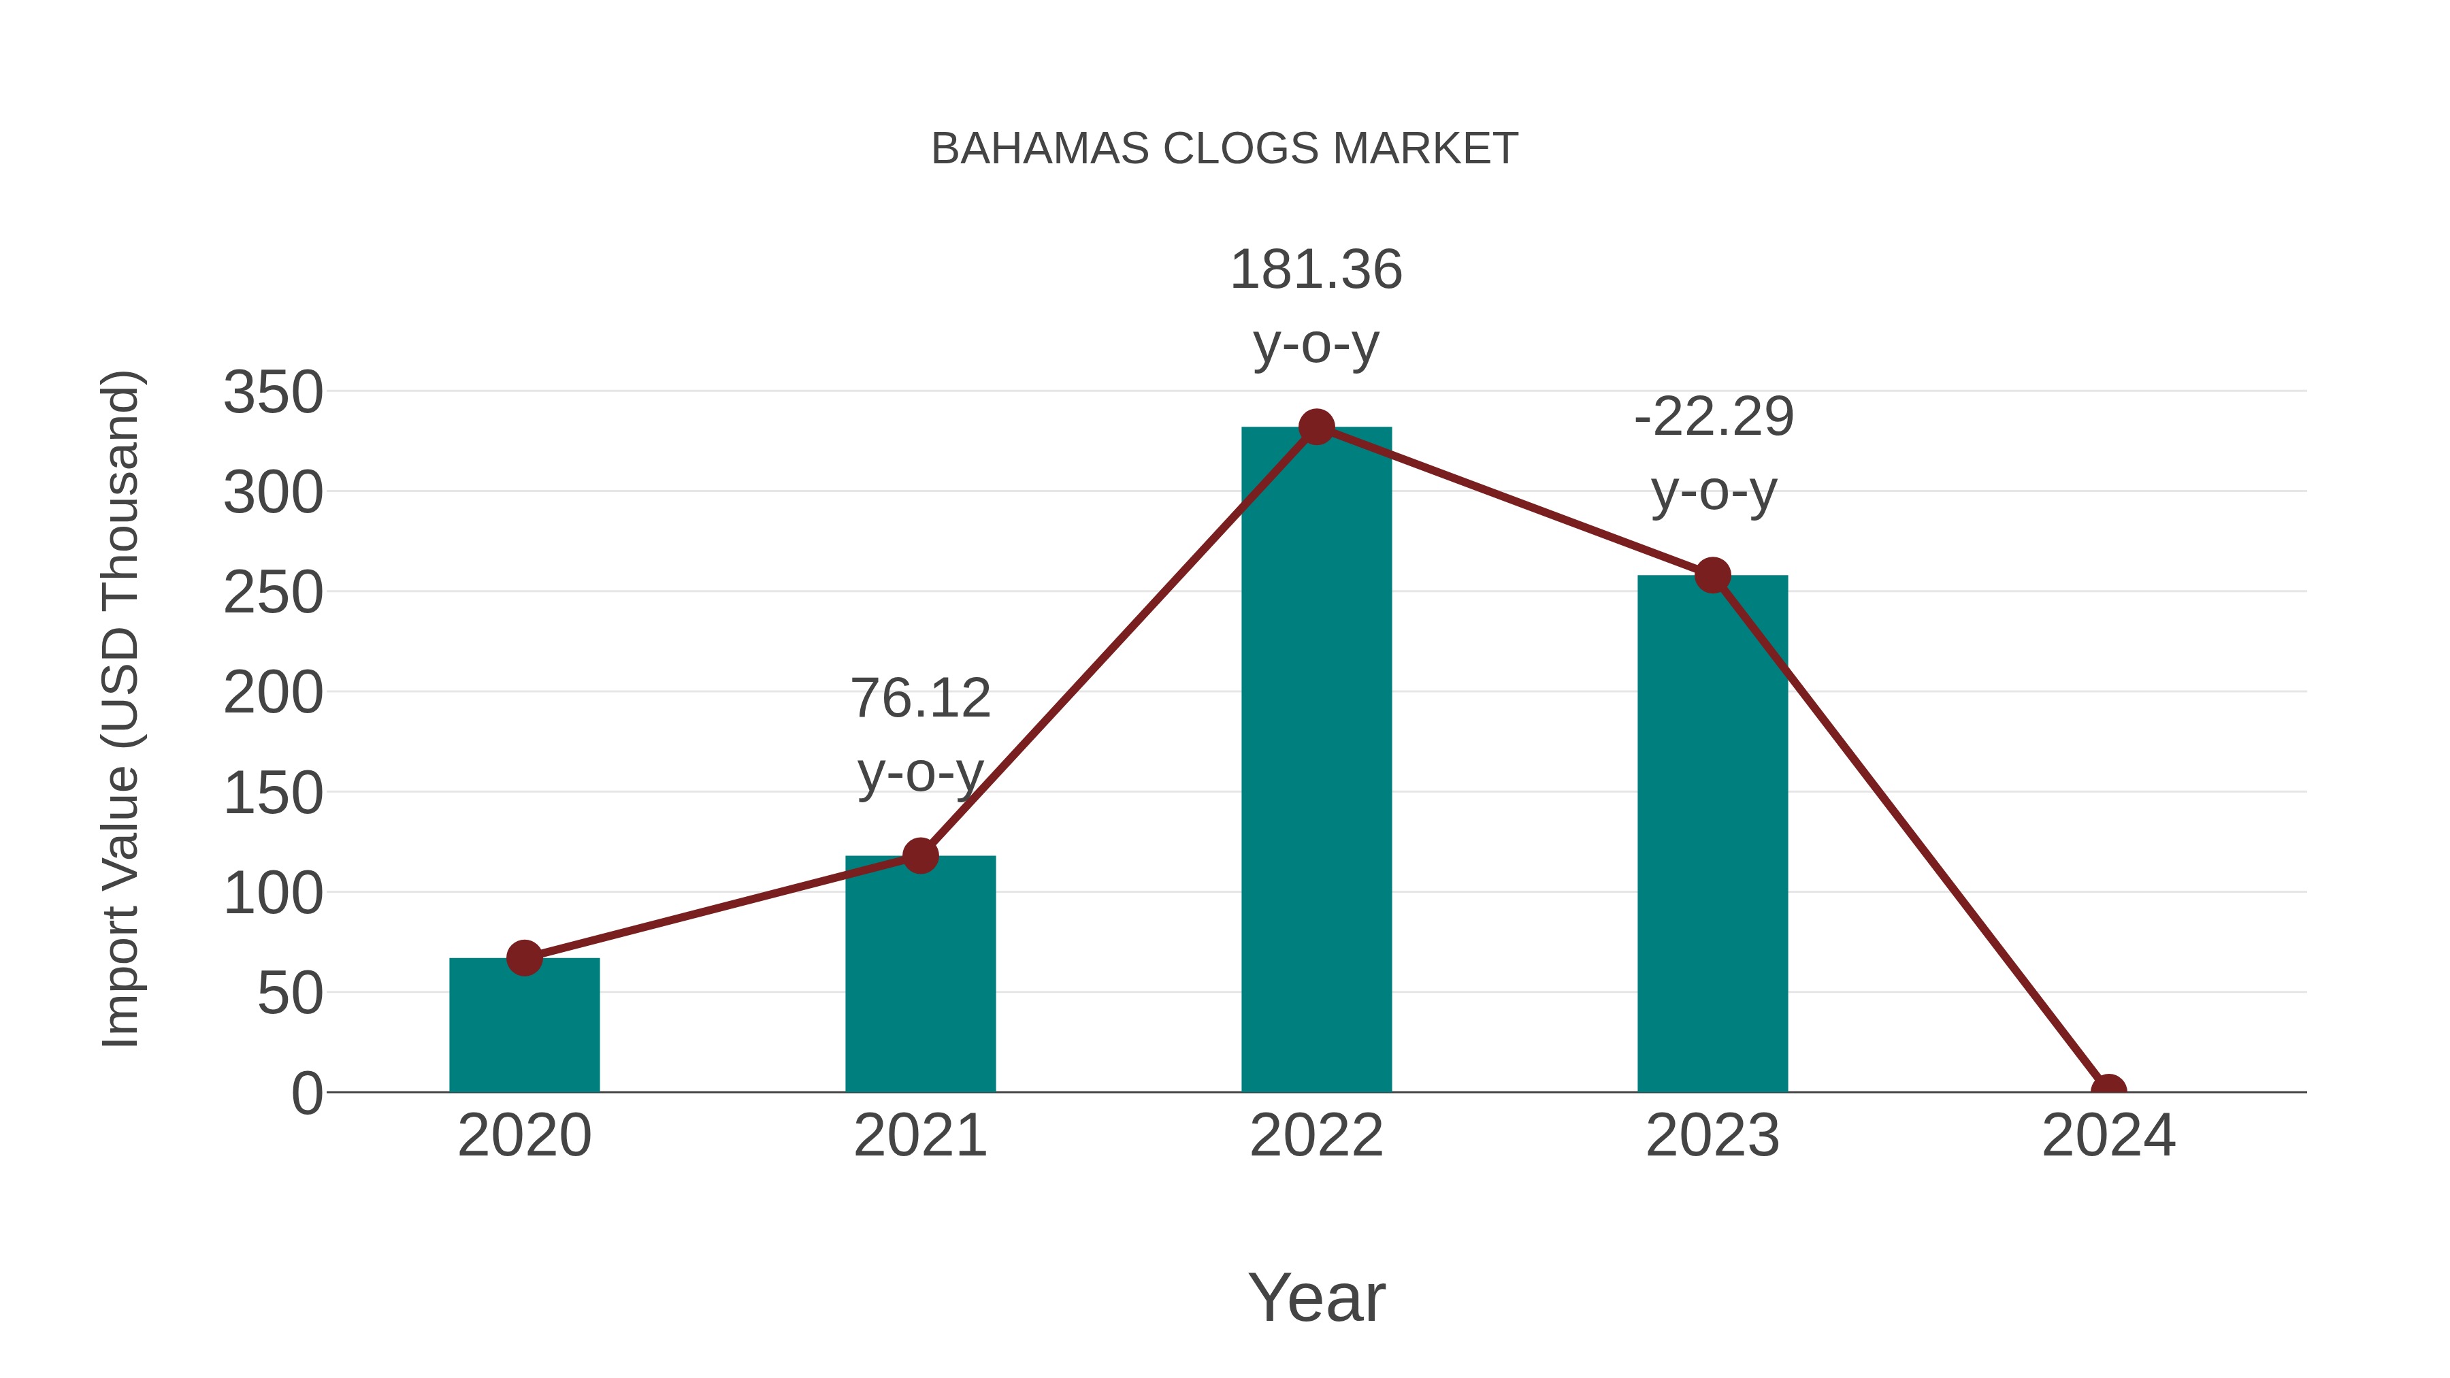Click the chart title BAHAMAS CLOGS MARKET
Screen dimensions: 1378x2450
pos(1224,149)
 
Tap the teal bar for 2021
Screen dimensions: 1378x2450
pos(919,979)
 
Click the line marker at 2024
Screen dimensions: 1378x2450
pos(2108,1090)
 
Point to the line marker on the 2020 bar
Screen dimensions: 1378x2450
pos(524,957)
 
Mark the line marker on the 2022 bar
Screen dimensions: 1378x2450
pos(1316,427)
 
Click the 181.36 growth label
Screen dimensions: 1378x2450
pos(1316,270)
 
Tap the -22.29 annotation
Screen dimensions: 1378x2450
pos(1713,418)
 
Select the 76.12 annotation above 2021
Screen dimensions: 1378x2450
pos(919,699)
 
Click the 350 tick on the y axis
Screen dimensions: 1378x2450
pos(273,392)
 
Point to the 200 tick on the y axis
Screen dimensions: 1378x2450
pos(273,693)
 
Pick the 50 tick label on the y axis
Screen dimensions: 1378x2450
pos(290,994)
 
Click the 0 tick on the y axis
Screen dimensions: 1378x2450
pos(307,1093)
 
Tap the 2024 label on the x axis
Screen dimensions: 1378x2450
pos(2108,1136)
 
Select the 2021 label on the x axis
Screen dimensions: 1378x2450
pos(919,1136)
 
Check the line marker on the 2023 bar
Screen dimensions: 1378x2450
pos(1712,575)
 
